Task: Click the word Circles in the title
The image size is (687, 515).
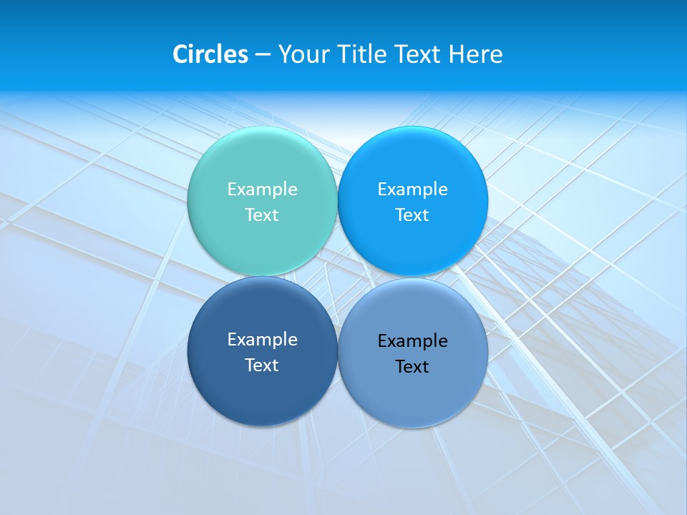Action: click(210, 54)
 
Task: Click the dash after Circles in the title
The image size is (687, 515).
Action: click(263, 55)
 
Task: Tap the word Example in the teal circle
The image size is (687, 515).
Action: click(262, 190)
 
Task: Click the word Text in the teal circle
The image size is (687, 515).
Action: click(262, 215)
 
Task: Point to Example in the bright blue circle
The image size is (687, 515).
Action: click(413, 190)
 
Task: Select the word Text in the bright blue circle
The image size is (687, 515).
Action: click(413, 215)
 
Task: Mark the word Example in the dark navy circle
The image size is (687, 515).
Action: click(262, 340)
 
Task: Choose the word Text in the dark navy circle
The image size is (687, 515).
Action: click(262, 366)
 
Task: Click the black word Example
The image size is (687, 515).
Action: click(413, 341)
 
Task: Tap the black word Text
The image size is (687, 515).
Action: click(413, 367)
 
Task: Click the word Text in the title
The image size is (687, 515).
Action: click(418, 54)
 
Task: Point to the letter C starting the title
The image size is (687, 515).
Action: click(180, 54)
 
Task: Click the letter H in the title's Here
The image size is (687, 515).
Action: click(457, 54)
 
